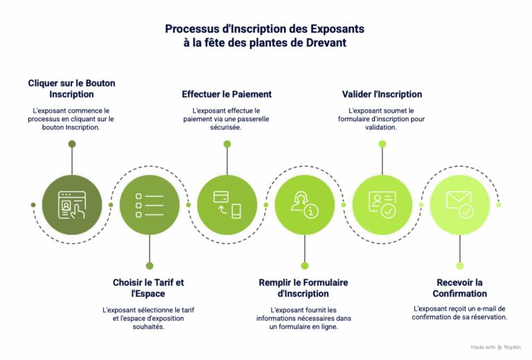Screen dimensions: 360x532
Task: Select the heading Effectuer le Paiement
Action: (x=227, y=93)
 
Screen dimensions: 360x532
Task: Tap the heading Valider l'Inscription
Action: (x=382, y=93)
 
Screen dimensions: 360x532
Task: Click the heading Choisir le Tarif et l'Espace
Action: (x=149, y=287)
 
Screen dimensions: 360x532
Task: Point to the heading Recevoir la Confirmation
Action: (x=459, y=287)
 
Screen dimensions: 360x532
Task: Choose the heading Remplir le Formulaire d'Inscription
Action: (x=303, y=287)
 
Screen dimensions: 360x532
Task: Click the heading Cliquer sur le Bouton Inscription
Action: (x=72, y=88)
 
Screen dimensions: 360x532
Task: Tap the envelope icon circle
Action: (x=459, y=204)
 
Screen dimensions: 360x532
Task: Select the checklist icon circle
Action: (x=150, y=204)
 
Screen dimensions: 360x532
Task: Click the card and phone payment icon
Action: (x=227, y=204)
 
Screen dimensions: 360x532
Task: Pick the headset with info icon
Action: (x=305, y=204)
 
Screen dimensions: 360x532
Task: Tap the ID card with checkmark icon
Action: (x=382, y=204)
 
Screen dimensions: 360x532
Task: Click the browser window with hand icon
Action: (x=72, y=204)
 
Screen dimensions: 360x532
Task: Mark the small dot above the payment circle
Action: (x=227, y=144)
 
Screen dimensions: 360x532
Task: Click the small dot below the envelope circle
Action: (x=459, y=265)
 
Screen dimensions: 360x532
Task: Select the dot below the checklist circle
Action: (x=150, y=265)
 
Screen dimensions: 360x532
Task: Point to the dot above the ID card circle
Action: (x=382, y=144)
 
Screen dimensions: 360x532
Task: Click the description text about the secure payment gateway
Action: (x=227, y=118)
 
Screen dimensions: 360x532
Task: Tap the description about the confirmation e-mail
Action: (x=459, y=312)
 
